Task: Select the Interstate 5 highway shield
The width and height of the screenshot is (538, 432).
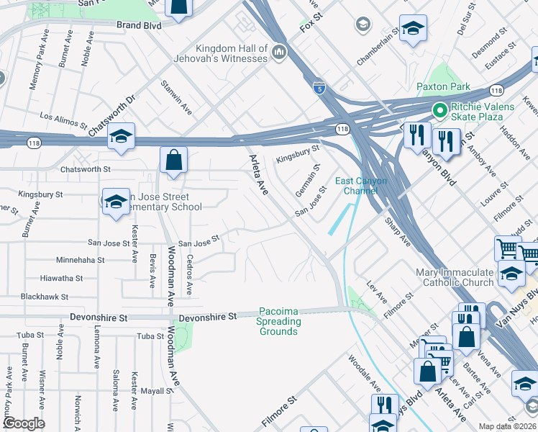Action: coord(319,88)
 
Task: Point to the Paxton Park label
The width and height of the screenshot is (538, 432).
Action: coord(443,87)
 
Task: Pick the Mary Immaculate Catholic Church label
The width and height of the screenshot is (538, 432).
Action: coord(455,278)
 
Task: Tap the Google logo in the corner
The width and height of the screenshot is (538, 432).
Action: coord(23,423)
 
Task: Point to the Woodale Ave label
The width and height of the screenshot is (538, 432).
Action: coord(365,373)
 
